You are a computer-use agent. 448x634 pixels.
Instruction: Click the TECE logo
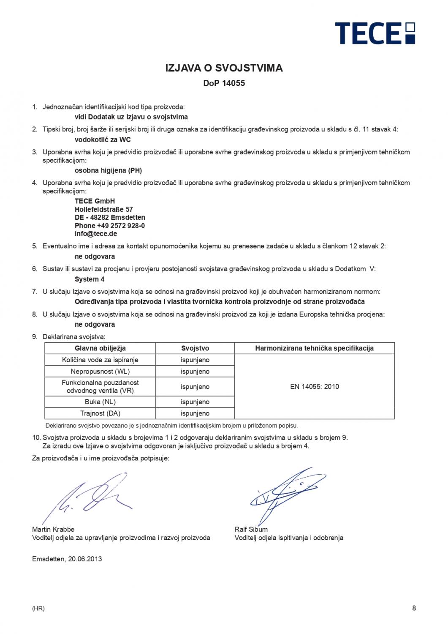coord(375,33)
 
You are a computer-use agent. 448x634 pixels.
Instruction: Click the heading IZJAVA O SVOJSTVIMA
coord(224,68)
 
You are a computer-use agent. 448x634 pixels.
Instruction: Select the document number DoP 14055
coord(224,83)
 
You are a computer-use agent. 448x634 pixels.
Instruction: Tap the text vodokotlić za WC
coord(103,139)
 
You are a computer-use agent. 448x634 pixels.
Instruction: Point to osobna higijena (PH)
coord(108,170)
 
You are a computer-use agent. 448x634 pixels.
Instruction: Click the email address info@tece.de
coord(96,234)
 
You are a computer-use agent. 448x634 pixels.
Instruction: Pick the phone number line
coord(110,226)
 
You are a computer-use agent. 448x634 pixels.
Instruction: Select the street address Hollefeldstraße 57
coord(104,209)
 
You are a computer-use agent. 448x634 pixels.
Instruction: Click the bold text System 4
coord(90,279)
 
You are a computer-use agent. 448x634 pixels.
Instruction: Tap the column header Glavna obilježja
coord(100,348)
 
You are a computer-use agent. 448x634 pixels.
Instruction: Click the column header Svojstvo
coord(195,348)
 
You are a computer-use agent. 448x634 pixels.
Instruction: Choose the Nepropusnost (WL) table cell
coord(100,372)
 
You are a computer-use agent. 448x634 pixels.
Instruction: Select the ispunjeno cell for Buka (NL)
coord(195,402)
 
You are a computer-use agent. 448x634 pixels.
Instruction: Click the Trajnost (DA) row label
coord(100,413)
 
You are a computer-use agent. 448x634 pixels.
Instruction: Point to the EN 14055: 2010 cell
coord(315,386)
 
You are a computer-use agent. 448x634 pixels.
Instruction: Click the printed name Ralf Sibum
coord(251,529)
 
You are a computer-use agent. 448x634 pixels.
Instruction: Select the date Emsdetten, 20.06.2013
coord(67,559)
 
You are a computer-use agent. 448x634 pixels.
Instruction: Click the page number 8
coord(414,608)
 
